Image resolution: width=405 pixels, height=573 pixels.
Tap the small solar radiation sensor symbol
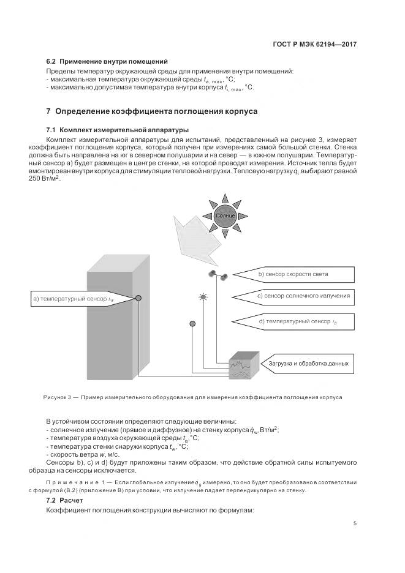point(203,298)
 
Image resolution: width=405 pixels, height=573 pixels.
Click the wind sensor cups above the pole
point(218,275)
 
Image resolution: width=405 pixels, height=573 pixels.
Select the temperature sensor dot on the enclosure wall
point(138,298)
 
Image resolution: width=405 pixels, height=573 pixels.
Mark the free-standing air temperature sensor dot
point(193,323)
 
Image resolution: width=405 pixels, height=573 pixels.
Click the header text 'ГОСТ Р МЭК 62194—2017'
point(314,44)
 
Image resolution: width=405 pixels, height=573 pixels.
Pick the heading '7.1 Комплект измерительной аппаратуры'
point(118,130)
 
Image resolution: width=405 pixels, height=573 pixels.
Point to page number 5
point(355,523)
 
